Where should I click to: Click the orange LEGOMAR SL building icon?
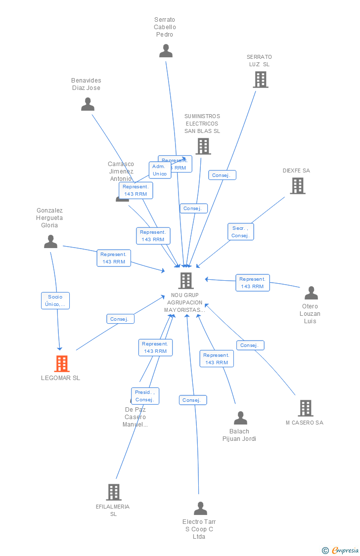pos(62,364)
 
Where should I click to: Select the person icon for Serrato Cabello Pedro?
pos(166,51)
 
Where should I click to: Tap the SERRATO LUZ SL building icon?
pos(260,80)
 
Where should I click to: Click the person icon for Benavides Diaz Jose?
pos(88,104)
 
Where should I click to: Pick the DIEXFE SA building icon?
pos(297,186)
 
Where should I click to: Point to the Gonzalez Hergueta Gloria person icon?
pos(50,242)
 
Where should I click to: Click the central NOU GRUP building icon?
pos(185,281)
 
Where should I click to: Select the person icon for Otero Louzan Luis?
pos(311,293)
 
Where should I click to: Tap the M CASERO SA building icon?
pos(306,408)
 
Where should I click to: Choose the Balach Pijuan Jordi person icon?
pos(240,418)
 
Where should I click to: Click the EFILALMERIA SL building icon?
pos(114,492)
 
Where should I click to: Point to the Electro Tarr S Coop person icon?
pos(200,509)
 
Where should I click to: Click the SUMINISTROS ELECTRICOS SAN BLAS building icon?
pos(203,146)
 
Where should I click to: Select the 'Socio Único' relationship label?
pos(55,300)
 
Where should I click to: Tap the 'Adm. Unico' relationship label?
pos(160,170)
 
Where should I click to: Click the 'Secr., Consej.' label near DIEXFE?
pos(240,232)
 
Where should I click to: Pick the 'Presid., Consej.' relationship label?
pos(145,396)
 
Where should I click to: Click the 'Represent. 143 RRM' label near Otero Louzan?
pos(252,283)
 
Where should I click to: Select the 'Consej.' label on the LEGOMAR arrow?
pos(120,319)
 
